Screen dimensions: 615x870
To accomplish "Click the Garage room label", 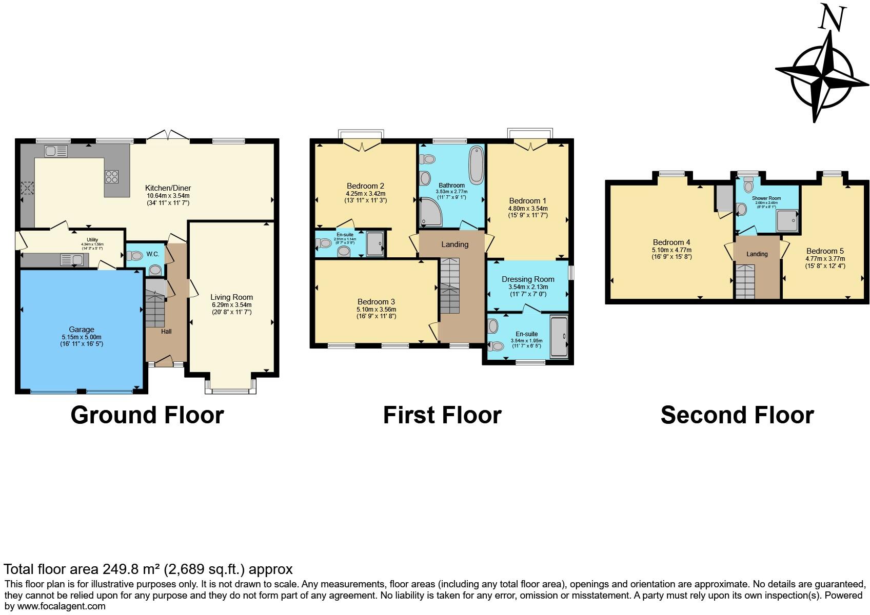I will (x=82, y=330).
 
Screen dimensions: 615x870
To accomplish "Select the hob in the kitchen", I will (x=112, y=176).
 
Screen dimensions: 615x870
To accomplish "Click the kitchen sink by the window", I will (x=56, y=151).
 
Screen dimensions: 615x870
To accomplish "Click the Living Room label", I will (x=231, y=297).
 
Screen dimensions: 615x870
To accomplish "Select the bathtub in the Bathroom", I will (x=477, y=165).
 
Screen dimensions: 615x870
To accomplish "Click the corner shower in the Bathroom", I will (x=430, y=213).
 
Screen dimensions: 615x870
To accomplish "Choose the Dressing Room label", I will (x=528, y=279).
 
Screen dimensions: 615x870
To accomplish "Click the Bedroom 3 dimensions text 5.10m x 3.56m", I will (x=376, y=310).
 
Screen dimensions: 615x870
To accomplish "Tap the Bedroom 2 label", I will (x=365, y=186).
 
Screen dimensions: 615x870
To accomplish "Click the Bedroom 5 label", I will (x=825, y=251).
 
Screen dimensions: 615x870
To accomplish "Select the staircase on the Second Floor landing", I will (x=745, y=281).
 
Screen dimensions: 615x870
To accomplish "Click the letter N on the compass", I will (x=832, y=19).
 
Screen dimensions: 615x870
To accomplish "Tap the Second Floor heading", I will (x=737, y=415).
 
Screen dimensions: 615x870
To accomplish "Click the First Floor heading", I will (x=442, y=415).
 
